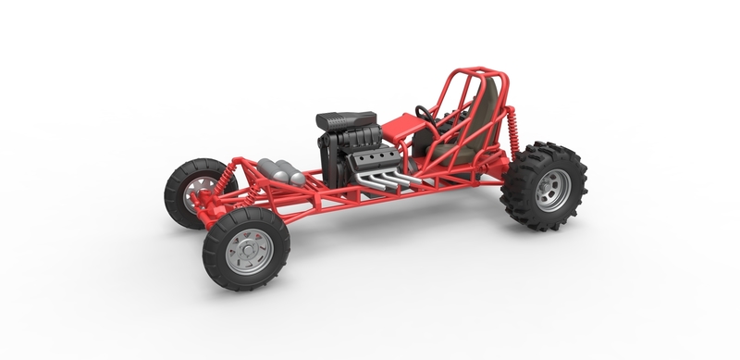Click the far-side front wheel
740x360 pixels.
click(190, 191)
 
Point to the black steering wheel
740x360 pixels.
click(425, 116)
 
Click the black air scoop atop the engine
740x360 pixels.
click(346, 120)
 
